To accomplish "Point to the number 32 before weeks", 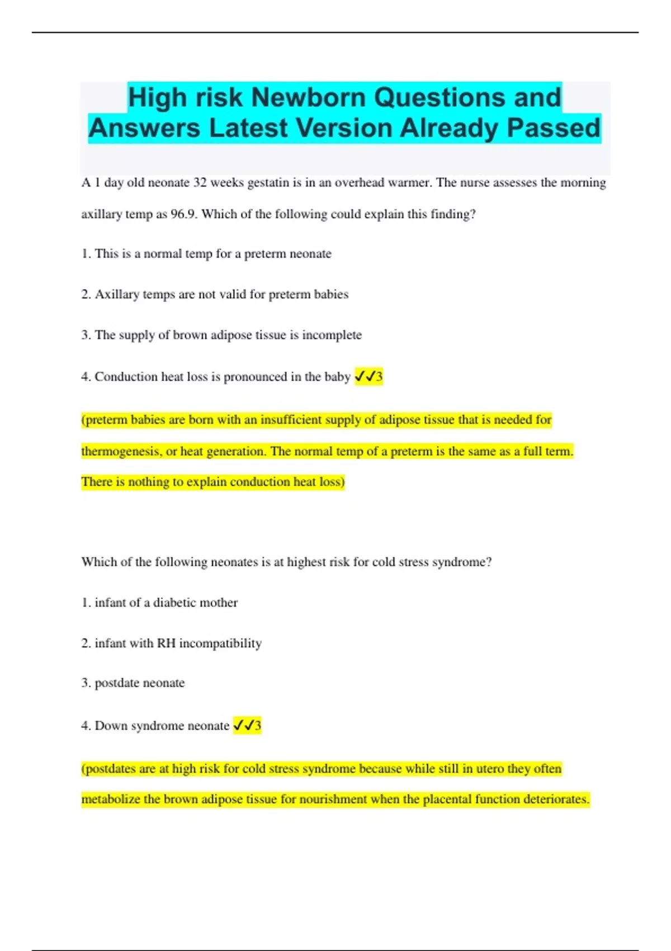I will click(x=200, y=183).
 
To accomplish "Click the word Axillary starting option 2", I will click(x=117, y=294).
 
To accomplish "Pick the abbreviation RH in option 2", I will click(x=166, y=643).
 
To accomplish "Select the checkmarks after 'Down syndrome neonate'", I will click(x=244, y=726).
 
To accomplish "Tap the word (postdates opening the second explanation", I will click(x=109, y=769).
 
